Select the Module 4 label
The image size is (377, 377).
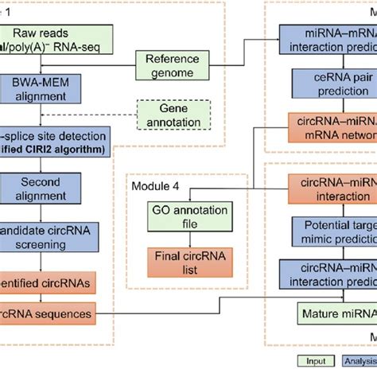(160, 187)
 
